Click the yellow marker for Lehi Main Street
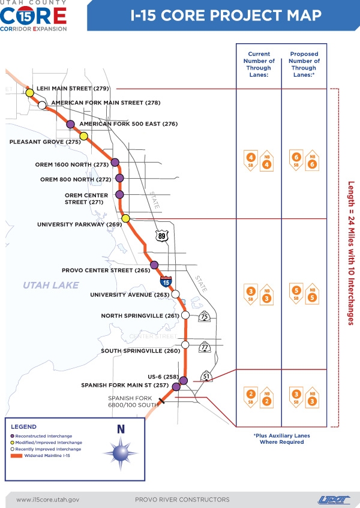click(x=29, y=93)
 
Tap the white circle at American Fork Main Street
click(x=42, y=105)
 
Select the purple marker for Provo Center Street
click(x=154, y=264)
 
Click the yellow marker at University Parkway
click(x=125, y=218)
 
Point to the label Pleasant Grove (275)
click(x=45, y=142)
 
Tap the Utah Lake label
click(x=51, y=285)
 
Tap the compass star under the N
click(x=121, y=450)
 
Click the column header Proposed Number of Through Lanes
click(x=304, y=65)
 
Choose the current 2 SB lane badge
click(x=251, y=397)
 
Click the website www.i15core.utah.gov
click(x=47, y=499)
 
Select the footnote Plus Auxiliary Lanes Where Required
click(x=281, y=438)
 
